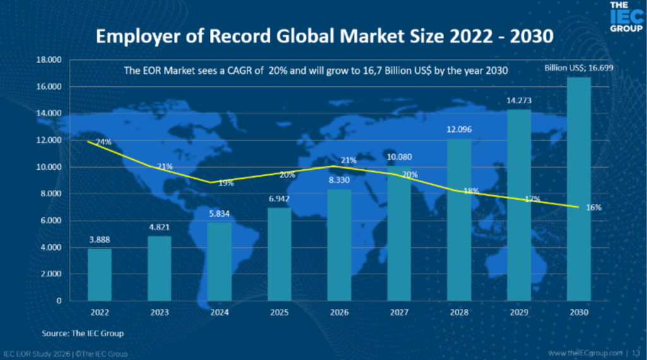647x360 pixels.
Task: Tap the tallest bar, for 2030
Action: click(x=579, y=189)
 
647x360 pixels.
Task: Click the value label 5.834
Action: click(x=219, y=213)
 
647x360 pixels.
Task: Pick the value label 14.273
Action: click(x=519, y=100)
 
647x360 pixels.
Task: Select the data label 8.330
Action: click(x=339, y=180)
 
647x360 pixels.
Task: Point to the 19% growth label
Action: click(x=226, y=183)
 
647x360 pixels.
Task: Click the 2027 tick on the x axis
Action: click(x=399, y=313)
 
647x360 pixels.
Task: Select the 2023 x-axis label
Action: click(x=160, y=313)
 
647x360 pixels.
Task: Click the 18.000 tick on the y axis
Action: click(x=48, y=60)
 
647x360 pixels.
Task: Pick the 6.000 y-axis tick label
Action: click(x=48, y=220)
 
